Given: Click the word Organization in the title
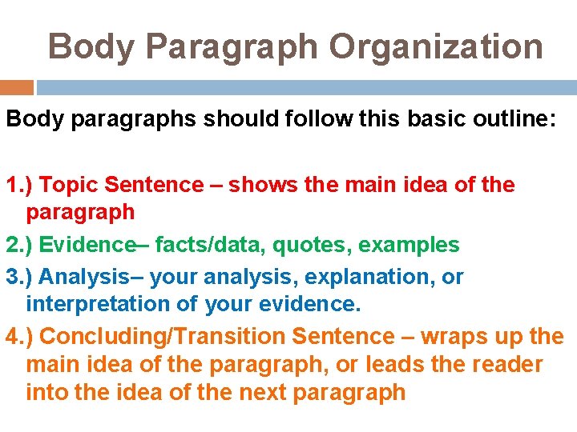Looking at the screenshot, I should coord(436,46).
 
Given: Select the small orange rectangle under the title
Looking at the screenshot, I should coord(17,87).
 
